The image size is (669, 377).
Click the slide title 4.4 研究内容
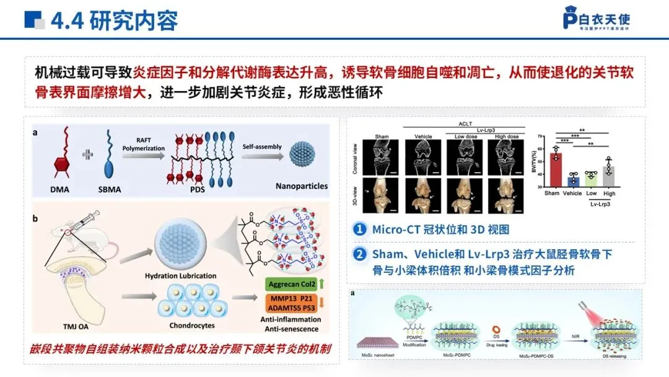click(x=115, y=20)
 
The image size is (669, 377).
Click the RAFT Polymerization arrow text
click(x=143, y=144)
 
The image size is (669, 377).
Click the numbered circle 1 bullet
click(x=359, y=229)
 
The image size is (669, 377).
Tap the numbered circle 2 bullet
click(x=359, y=254)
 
